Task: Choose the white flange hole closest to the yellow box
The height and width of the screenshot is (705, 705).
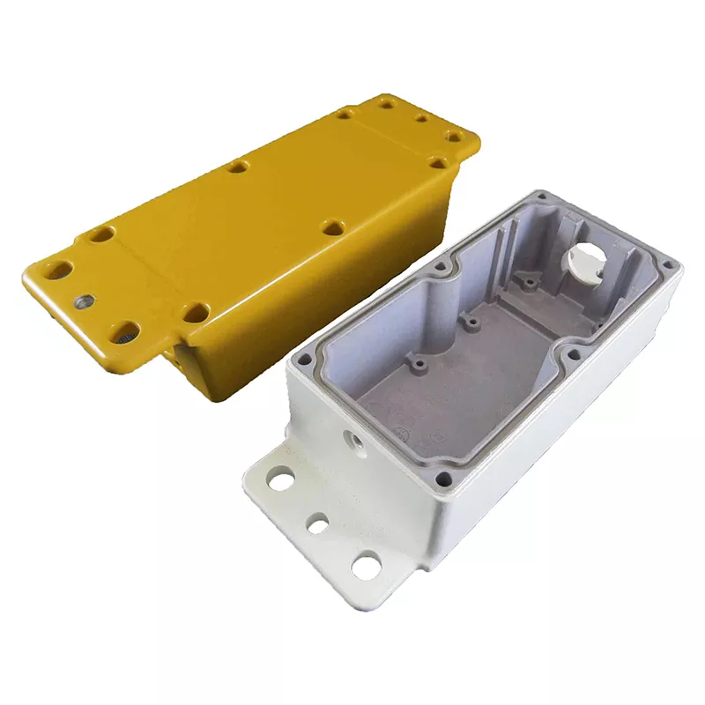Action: pos(281,481)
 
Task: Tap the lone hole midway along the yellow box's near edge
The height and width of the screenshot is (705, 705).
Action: pos(332,227)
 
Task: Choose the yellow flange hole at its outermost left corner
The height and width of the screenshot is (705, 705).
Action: pos(60,271)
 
